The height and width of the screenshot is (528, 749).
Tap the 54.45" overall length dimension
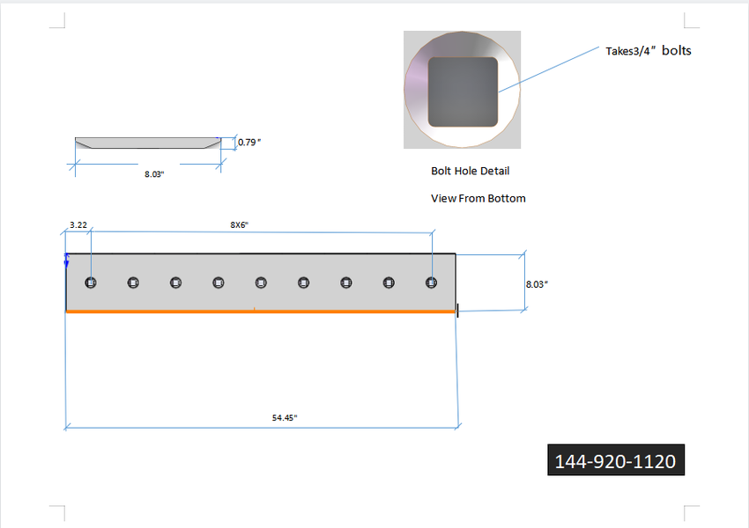click(285, 417)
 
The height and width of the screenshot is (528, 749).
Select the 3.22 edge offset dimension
click(78, 225)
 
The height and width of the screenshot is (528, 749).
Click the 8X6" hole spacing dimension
click(239, 225)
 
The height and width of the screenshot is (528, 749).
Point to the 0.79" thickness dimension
click(251, 142)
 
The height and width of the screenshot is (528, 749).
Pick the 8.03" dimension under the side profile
click(156, 175)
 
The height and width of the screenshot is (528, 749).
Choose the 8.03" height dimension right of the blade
click(538, 284)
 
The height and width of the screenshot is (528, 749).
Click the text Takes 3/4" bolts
click(648, 51)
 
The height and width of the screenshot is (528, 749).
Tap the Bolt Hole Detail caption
click(470, 171)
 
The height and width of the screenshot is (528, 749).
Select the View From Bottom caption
click(478, 198)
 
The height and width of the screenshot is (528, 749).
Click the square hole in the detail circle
click(463, 92)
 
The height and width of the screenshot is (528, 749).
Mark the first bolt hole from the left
click(91, 282)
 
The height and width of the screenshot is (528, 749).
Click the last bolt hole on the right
click(432, 282)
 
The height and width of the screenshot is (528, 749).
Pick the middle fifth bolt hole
click(261, 282)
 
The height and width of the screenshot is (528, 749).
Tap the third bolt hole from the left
click(176, 282)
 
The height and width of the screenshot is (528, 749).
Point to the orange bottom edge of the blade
click(260, 312)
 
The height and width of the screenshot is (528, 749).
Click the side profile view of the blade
click(147, 142)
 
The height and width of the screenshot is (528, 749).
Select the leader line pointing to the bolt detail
click(551, 70)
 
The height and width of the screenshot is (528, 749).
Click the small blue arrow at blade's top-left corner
click(66, 261)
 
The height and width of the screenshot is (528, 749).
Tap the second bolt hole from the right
click(389, 282)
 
